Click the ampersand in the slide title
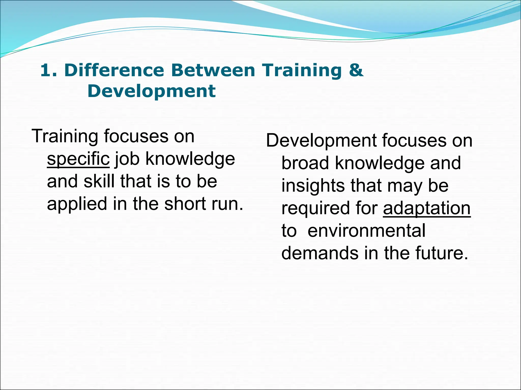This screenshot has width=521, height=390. pos(356,70)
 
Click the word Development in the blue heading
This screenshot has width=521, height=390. pos(151,91)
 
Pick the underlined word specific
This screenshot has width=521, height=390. pos(78,159)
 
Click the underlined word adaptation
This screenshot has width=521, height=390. pos(427,208)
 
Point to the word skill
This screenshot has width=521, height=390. pos(99,181)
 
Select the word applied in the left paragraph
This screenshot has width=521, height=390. pos(77,204)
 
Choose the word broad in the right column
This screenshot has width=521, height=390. pos(305,163)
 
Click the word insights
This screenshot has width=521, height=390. pos(313,186)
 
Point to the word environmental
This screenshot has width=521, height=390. pos(366,231)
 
